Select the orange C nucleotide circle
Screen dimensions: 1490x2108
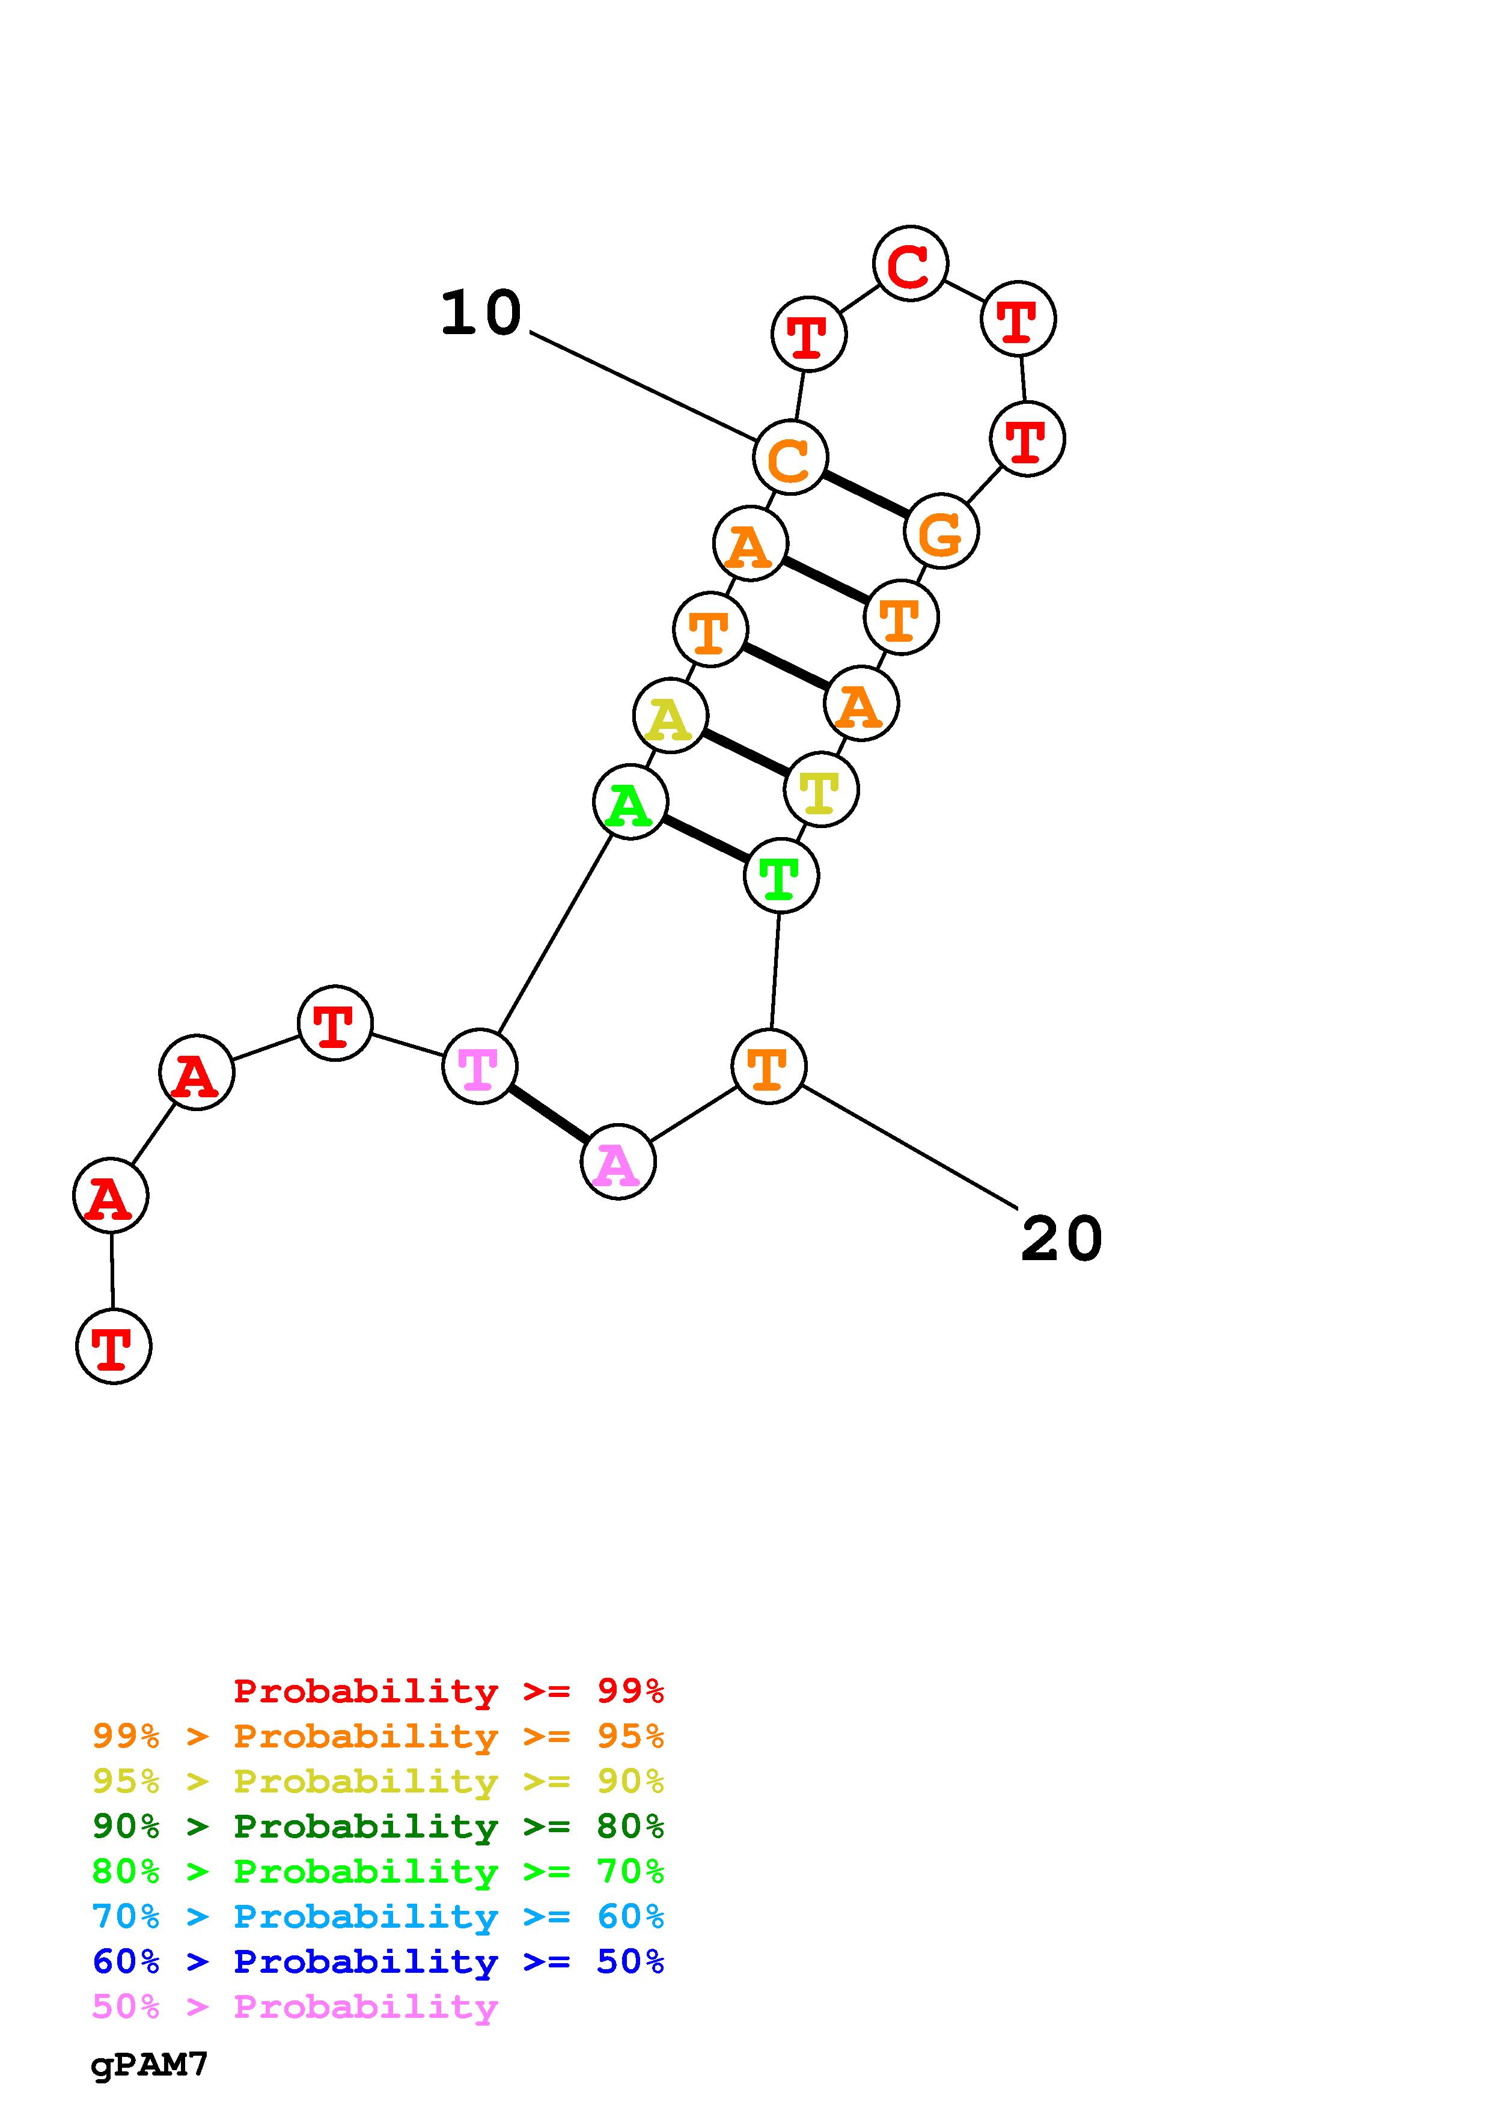(790, 457)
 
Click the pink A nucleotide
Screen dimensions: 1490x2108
(618, 1162)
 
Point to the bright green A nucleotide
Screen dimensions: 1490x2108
(630, 802)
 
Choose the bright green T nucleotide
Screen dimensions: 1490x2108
(780, 876)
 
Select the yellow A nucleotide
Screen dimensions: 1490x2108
(670, 716)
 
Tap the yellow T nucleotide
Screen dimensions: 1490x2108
(821, 790)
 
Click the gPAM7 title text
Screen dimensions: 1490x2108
(150, 2065)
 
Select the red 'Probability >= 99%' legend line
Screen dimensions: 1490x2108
(448, 1691)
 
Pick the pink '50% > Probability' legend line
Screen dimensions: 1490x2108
(295, 2007)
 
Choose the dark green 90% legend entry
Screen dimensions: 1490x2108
(377, 1826)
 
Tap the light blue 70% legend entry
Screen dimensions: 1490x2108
(377, 1916)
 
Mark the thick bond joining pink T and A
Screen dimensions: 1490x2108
(549, 1113)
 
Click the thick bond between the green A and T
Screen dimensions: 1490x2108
(705, 839)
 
